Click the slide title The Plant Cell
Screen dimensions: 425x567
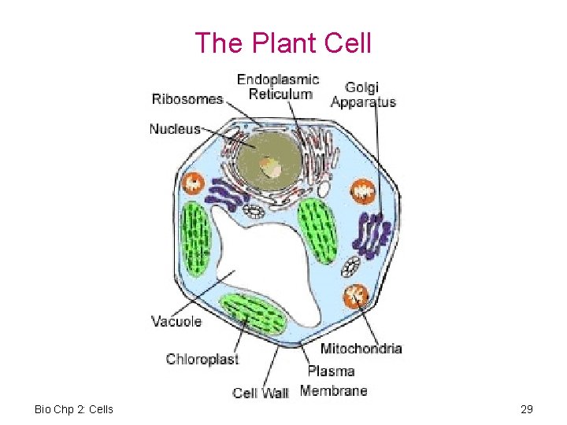283,42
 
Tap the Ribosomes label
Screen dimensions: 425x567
187,99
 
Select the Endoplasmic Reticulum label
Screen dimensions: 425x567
278,87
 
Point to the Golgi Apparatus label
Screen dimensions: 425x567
363,94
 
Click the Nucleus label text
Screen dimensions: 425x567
175,128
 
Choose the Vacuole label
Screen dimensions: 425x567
176,321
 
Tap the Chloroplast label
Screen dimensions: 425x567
202,359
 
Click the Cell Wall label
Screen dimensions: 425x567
261,392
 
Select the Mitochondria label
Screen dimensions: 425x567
361,348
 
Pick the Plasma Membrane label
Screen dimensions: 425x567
333,380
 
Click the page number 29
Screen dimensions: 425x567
527,409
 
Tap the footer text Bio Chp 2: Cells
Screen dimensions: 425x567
74,409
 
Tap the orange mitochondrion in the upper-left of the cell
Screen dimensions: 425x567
193,184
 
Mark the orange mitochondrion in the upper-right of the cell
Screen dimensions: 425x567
364,190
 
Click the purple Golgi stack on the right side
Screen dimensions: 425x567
372,236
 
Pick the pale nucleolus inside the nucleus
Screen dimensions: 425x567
272,168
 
